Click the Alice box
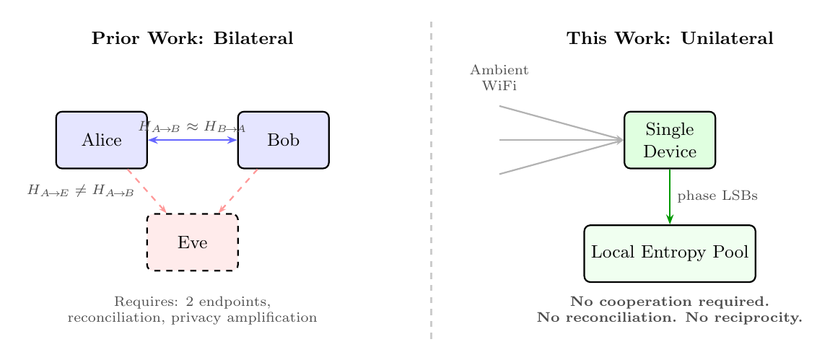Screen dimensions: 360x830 pos(101,140)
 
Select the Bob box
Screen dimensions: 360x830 pos(283,140)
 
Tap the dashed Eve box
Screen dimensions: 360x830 pos(192,242)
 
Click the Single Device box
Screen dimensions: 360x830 pos(669,140)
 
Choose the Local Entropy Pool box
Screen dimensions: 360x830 pos(669,253)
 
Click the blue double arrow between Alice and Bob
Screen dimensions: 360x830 pos(192,140)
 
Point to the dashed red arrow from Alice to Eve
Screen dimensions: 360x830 pos(147,191)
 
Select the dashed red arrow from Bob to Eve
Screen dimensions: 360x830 pos(238,191)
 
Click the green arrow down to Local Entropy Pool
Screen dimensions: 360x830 pos(670,196)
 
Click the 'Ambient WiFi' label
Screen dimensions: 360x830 pos(499,78)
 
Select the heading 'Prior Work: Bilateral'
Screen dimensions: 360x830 pos(192,39)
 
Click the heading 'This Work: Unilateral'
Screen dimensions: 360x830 pos(670,39)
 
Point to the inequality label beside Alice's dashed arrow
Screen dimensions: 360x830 pos(81,191)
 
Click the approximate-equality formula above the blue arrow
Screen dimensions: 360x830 pos(192,126)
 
